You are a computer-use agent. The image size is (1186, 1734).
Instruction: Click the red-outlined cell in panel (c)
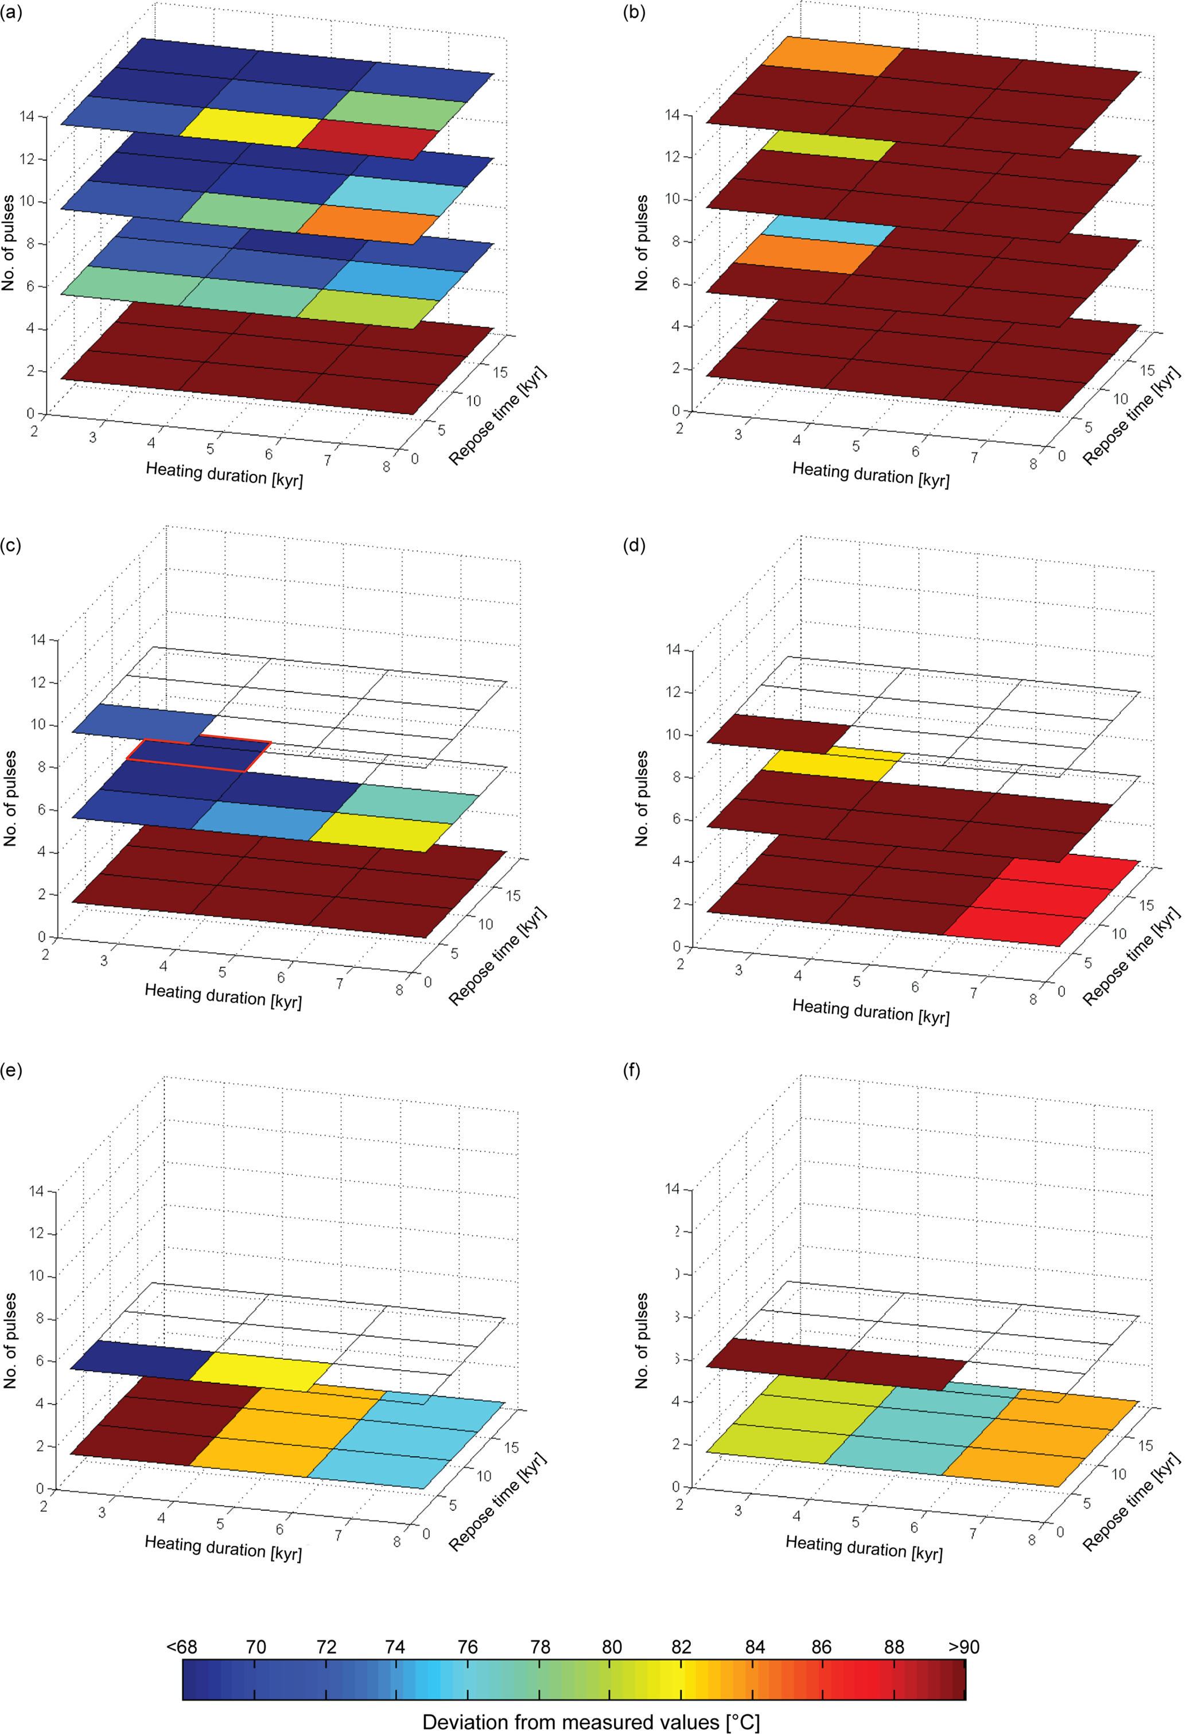click(x=197, y=755)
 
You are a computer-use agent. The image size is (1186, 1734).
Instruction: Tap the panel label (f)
click(x=634, y=1071)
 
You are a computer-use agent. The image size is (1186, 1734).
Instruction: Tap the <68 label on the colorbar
click(x=181, y=1647)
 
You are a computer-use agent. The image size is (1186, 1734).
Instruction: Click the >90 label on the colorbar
click(x=964, y=1647)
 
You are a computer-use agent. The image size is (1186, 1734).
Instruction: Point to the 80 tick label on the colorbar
click(x=612, y=1647)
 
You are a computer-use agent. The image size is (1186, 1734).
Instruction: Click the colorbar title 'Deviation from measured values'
click(x=591, y=1721)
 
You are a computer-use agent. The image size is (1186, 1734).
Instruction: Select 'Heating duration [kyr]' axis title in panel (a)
click(x=224, y=474)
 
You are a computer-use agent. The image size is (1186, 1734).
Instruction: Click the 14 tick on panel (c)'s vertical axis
click(x=38, y=639)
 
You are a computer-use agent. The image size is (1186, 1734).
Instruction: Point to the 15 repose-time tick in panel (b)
click(x=1146, y=370)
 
